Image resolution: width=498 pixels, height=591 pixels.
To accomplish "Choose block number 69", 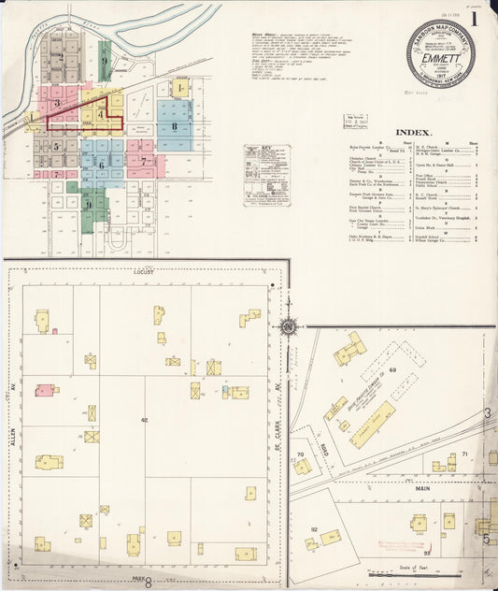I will click(x=393, y=371).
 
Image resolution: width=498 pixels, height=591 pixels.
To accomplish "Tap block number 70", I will click(x=300, y=455).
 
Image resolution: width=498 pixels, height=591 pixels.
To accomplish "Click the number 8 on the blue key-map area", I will click(x=174, y=126).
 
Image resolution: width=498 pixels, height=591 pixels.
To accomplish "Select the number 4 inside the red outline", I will click(x=101, y=114).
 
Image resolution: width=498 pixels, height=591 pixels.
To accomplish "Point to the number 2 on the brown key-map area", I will click(x=62, y=57).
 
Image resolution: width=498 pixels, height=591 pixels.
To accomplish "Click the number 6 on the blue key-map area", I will click(x=101, y=165).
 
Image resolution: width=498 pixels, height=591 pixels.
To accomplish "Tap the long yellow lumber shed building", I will click(x=371, y=424).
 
